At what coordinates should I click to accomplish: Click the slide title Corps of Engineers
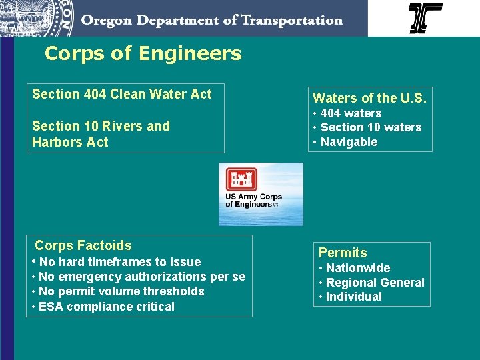tap(143, 53)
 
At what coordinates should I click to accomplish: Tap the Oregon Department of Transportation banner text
tap(212, 20)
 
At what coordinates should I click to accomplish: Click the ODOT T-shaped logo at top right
tap(425, 18)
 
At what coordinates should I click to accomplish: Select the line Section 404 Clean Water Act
tap(121, 94)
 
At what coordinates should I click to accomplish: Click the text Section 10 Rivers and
tap(101, 126)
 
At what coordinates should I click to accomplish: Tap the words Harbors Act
tap(69, 142)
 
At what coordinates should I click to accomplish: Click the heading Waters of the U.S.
tap(369, 98)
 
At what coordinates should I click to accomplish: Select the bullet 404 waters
tap(351, 113)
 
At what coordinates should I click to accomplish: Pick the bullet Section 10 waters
tap(371, 127)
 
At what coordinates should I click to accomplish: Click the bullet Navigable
tap(349, 142)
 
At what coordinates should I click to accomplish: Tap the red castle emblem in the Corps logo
tap(241, 179)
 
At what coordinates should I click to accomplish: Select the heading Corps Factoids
tap(83, 245)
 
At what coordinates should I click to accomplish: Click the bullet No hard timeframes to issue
tap(119, 262)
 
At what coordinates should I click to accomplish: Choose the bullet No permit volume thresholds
tap(121, 291)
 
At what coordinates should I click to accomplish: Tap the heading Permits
tap(343, 253)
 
